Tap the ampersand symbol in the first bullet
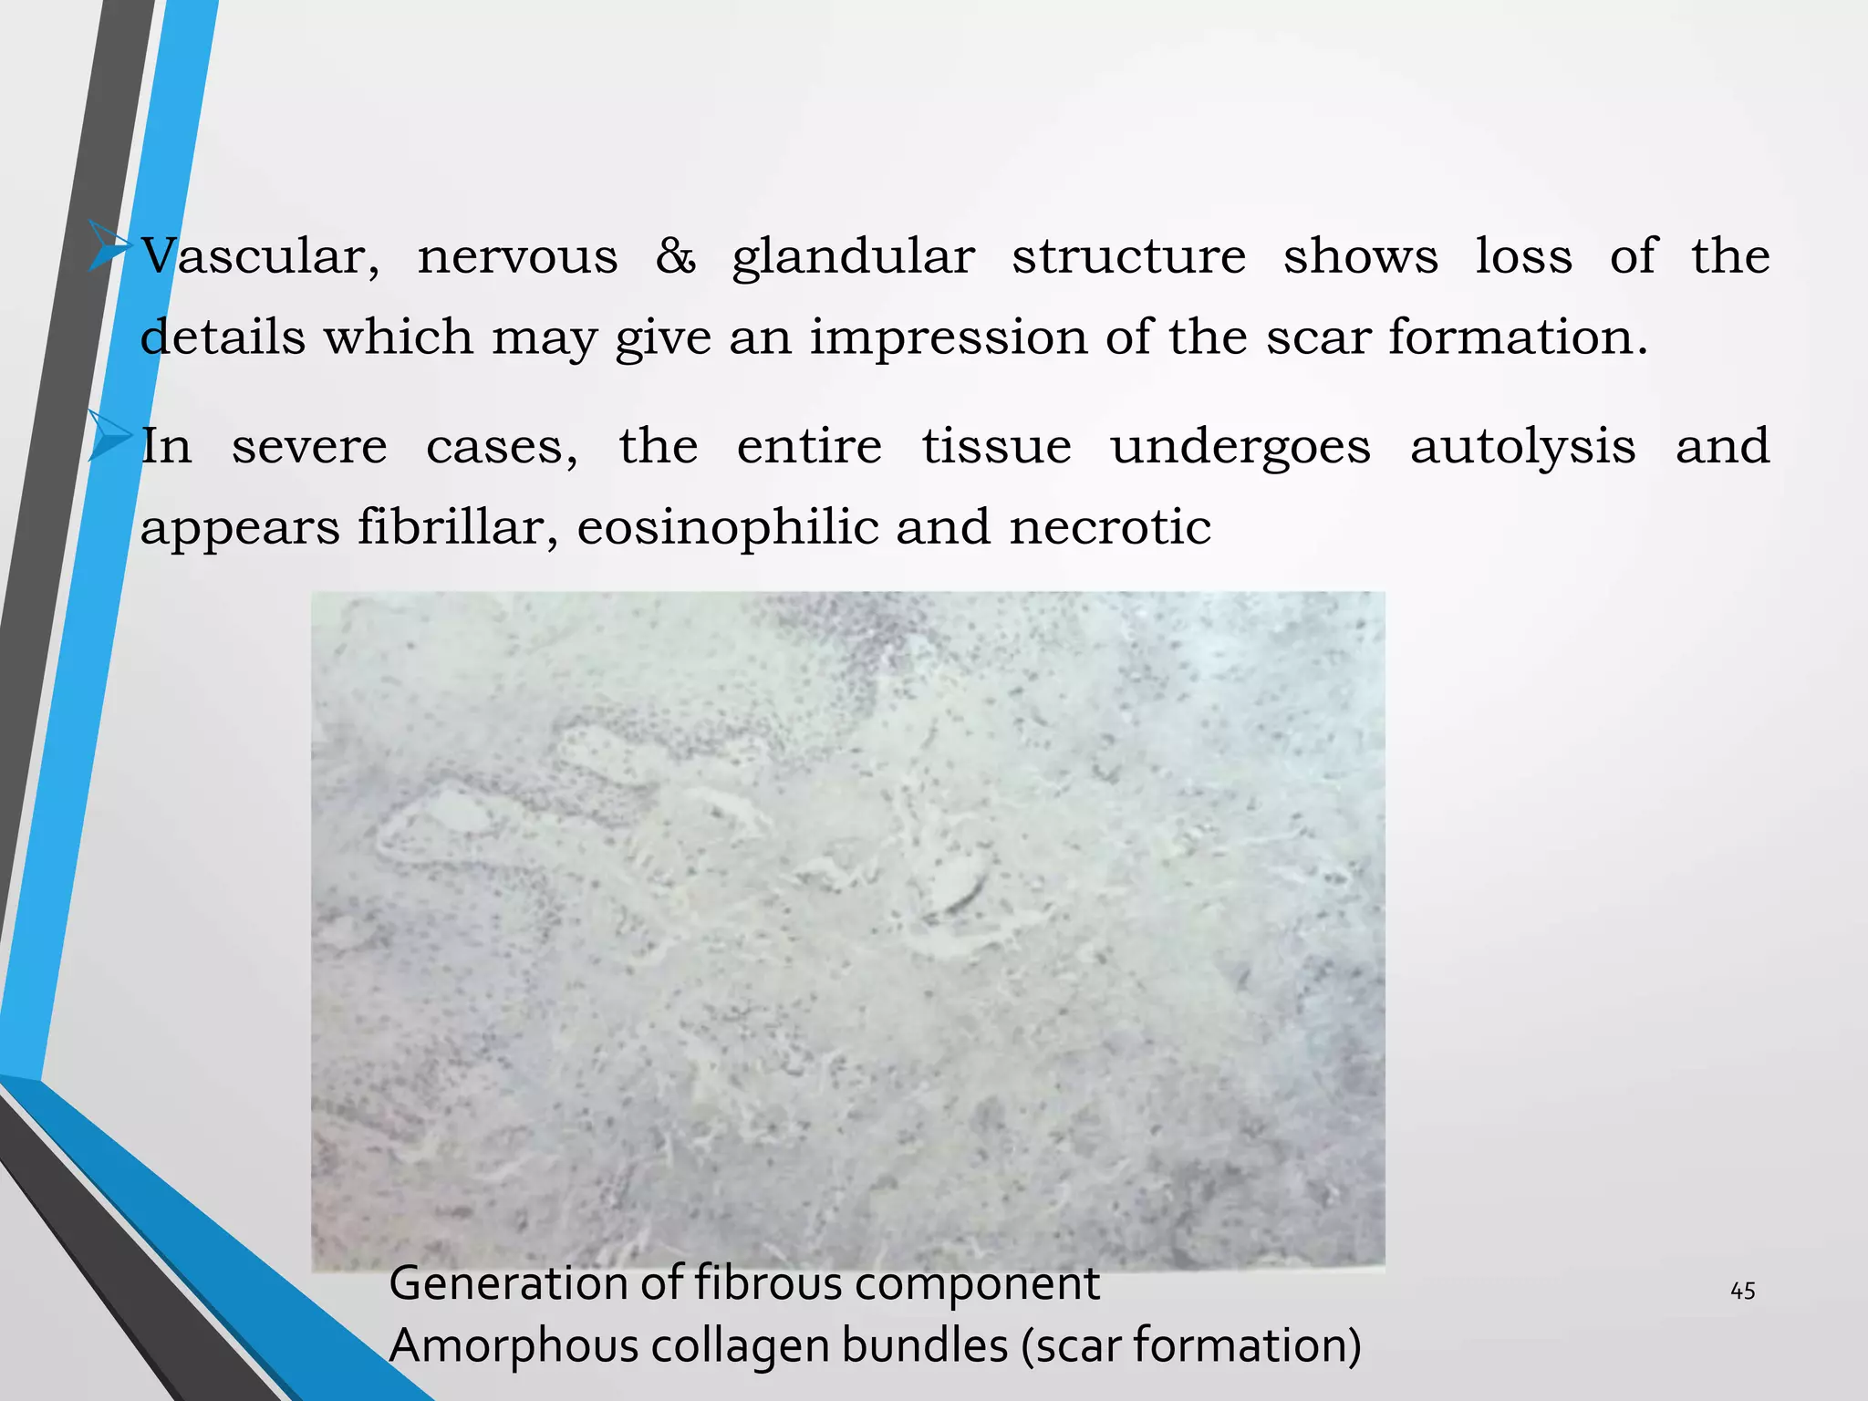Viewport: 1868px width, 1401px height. click(x=675, y=256)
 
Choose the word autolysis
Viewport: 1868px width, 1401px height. click(x=1522, y=448)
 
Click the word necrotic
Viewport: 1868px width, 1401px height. click(x=1109, y=528)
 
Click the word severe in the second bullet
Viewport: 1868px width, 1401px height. click(x=309, y=448)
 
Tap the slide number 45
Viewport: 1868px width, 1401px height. click(x=1742, y=1291)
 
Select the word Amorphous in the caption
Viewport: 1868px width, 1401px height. click(x=514, y=1345)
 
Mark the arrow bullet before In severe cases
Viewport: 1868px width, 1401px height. click(x=109, y=436)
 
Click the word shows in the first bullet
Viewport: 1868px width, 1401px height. click(x=1360, y=256)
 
